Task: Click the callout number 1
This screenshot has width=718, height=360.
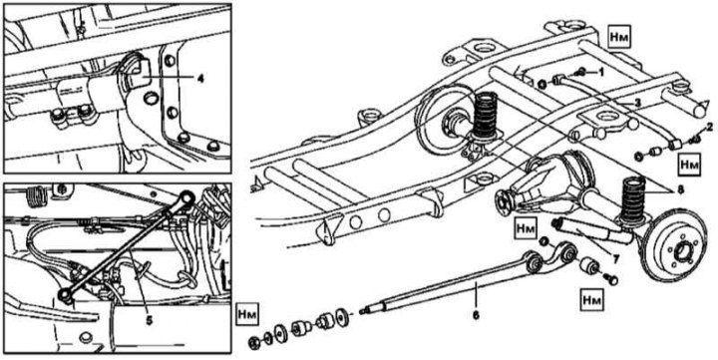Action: point(601,73)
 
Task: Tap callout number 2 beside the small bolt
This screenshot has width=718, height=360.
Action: point(710,127)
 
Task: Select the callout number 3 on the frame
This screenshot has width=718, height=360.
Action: point(636,104)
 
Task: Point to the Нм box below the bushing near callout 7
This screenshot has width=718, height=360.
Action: point(591,296)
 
